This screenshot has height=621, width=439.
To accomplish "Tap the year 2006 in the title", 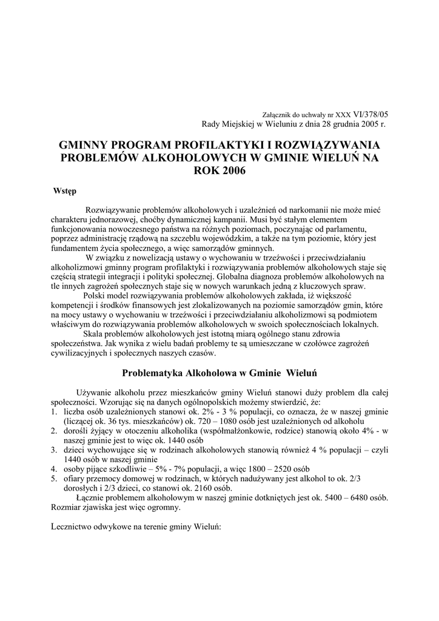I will click(233, 171).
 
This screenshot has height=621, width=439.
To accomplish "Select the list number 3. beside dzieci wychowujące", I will click(55, 451).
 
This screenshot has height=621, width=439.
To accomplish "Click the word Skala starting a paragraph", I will click(92, 334).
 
